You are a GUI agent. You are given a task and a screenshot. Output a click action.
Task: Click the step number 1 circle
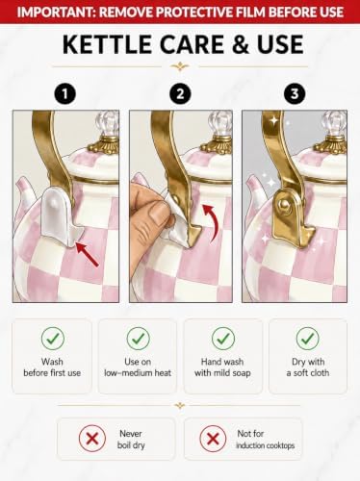[x=65, y=94]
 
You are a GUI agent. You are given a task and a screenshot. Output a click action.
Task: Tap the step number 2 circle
[x=180, y=94]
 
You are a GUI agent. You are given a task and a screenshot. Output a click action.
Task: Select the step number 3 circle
[x=295, y=94]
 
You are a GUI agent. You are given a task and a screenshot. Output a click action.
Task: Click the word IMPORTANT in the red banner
[x=54, y=13]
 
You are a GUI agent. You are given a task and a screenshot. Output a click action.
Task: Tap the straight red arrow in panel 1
[x=88, y=255]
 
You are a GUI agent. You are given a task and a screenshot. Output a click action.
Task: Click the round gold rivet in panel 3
[x=284, y=204]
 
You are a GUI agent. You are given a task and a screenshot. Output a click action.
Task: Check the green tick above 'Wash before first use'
[x=53, y=339]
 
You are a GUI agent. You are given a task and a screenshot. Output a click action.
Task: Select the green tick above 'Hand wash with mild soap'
[x=223, y=339]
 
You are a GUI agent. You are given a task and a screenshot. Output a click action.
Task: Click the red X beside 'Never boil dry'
[x=92, y=439]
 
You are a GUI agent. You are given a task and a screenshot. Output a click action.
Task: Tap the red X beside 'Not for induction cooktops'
[x=213, y=439]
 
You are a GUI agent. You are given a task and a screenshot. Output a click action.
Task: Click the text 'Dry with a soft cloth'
[x=308, y=367]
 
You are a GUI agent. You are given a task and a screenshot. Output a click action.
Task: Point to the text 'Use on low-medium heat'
[x=138, y=367]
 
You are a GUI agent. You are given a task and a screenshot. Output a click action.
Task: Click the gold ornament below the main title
[x=180, y=66]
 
